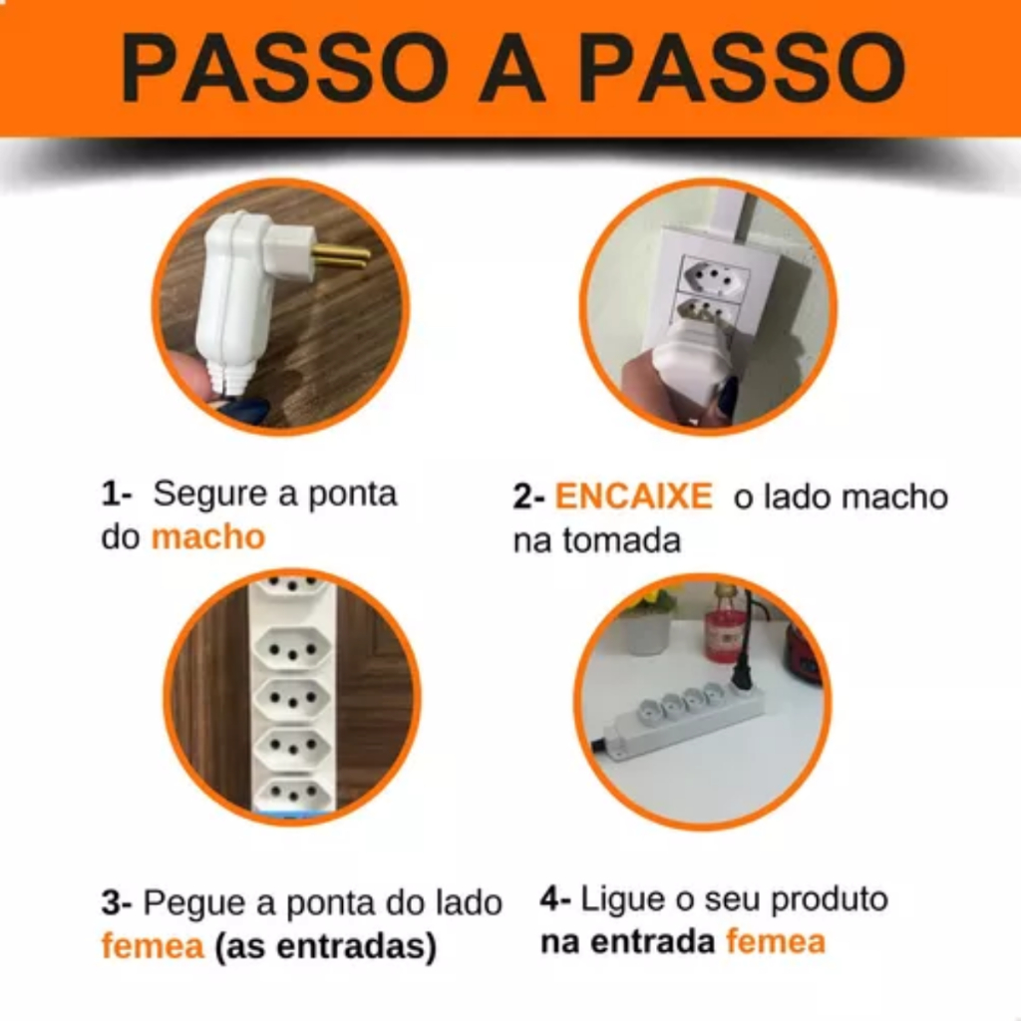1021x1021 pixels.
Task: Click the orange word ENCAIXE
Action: [x=633, y=497]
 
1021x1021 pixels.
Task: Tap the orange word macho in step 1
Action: [x=208, y=537]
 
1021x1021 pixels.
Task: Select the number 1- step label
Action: [x=117, y=495]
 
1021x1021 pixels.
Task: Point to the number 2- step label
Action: [x=528, y=497]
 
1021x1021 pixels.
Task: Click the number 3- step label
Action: [x=117, y=903]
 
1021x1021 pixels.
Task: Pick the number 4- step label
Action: [x=555, y=899]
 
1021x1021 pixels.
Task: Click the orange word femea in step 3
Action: [x=153, y=946]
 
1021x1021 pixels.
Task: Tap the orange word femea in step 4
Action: [x=776, y=942]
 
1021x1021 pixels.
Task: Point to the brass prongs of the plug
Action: [x=341, y=256]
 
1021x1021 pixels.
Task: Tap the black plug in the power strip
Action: [x=740, y=673]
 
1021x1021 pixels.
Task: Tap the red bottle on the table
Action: [x=720, y=628]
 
